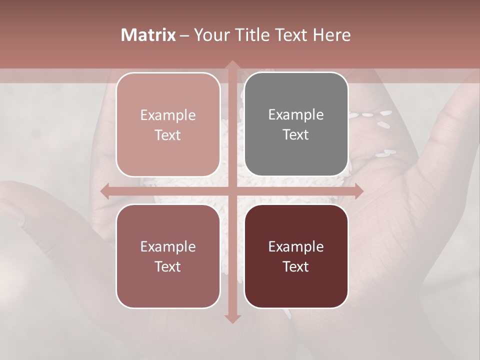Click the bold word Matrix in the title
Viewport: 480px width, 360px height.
[148, 35]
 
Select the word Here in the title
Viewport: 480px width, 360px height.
[331, 35]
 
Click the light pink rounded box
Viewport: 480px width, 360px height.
[168, 124]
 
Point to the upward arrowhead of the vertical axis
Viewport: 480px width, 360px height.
[232, 65]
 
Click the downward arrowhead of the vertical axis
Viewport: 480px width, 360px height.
[232, 318]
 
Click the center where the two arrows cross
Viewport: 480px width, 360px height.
[232, 191]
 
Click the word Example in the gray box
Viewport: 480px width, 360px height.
[296, 115]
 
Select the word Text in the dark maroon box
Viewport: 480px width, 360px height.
[296, 267]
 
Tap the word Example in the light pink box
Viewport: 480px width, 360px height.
[168, 115]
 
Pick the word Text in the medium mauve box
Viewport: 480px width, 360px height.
[168, 267]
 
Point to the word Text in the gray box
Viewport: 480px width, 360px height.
[296, 135]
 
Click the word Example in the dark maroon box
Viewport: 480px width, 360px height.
[296, 247]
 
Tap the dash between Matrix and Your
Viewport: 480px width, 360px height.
[184, 35]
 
